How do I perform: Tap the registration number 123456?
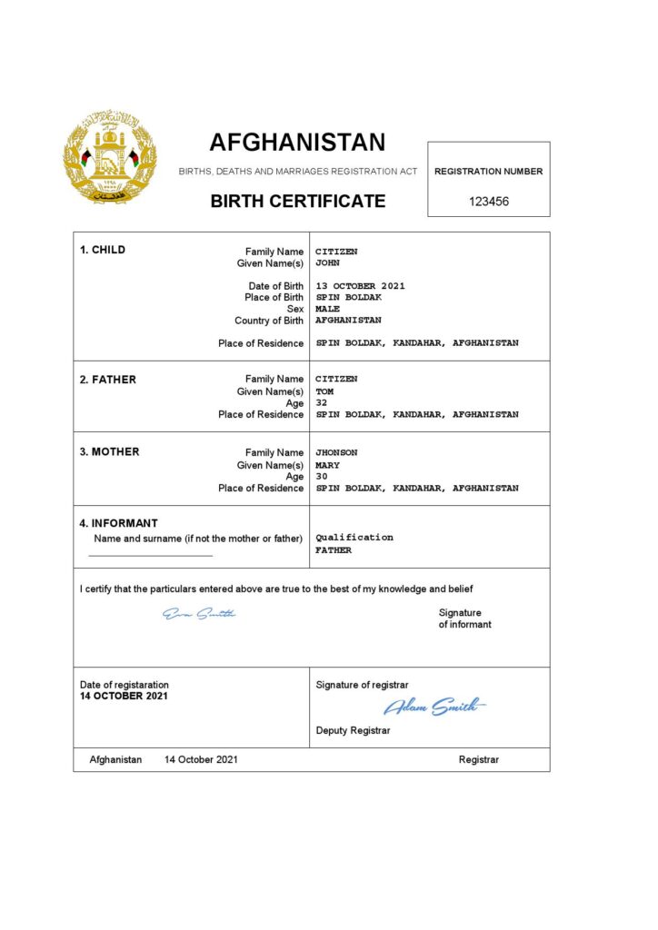pos(489,202)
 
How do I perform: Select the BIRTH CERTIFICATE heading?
pos(298,202)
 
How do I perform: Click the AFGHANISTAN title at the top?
pos(297,143)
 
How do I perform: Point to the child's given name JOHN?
pos(327,263)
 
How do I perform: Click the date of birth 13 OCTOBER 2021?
pos(360,286)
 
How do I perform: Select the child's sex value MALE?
pos(327,309)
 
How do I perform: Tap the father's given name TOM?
pos(324,391)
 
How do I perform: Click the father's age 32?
pos(322,403)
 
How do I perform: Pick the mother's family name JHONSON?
pos(336,453)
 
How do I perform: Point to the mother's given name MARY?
pos(327,465)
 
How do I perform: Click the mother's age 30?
pos(322,476)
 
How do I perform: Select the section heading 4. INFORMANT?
pos(118,523)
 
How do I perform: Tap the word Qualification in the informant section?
pos(354,538)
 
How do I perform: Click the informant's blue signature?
pos(199,615)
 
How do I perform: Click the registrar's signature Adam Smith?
pos(434,707)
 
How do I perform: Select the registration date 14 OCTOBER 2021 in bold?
pos(124,697)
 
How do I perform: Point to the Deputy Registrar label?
pos(353,730)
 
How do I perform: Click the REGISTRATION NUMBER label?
pos(489,172)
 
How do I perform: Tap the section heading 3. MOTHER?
pos(109,452)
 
